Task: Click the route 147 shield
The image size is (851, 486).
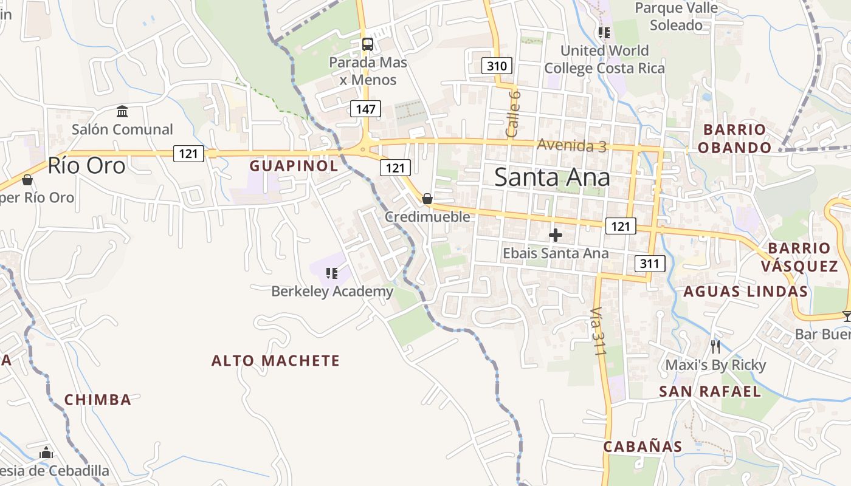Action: (x=365, y=109)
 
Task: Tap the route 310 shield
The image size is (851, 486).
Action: (x=497, y=66)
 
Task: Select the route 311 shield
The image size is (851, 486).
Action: (x=649, y=264)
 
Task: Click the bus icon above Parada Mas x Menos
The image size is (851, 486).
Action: (x=368, y=44)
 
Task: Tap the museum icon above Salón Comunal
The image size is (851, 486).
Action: (x=122, y=112)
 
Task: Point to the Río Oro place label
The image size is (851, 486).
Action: (x=86, y=165)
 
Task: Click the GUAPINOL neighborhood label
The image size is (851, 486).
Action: (x=294, y=166)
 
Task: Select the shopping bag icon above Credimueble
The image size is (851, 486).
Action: (x=427, y=199)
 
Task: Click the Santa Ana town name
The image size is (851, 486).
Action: (x=552, y=177)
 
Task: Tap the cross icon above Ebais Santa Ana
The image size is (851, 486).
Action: (x=556, y=235)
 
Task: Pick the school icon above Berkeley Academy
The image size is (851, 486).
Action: (x=331, y=273)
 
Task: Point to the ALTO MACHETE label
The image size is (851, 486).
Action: (x=275, y=361)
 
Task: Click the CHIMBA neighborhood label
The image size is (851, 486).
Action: (x=98, y=400)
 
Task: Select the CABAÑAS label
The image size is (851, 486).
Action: (x=643, y=447)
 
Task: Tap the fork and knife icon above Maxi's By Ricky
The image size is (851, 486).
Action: (x=715, y=347)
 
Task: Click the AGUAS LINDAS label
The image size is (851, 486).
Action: (x=745, y=292)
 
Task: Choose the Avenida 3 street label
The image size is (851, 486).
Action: (x=571, y=145)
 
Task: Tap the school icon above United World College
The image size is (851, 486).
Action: (x=604, y=33)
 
